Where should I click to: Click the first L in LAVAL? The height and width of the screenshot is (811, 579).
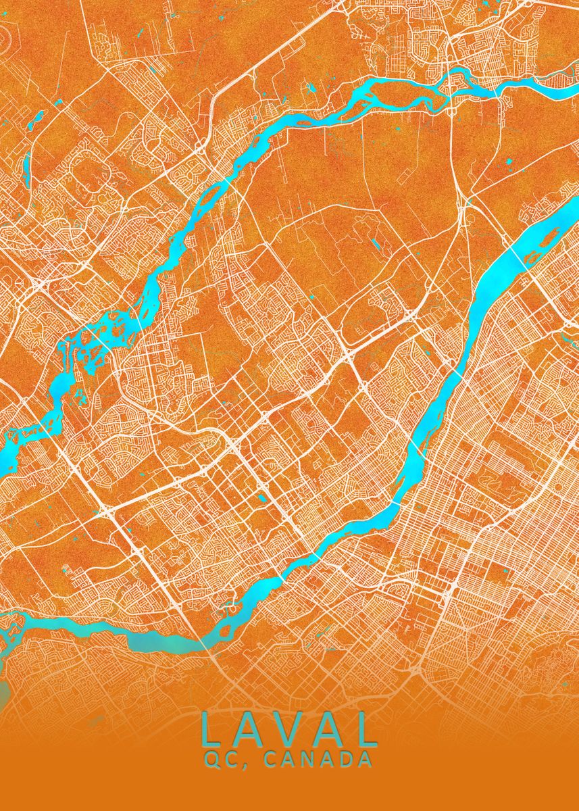(209, 731)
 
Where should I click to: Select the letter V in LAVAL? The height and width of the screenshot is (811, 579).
(290, 731)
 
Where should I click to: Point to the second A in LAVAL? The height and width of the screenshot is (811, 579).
(330, 731)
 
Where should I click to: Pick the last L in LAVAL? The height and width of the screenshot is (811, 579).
(367, 731)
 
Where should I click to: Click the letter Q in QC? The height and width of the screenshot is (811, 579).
(211, 760)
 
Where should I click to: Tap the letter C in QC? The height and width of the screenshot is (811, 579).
(228, 760)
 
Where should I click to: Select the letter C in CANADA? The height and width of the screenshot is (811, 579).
(261, 760)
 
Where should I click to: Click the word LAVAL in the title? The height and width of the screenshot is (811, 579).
(288, 731)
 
